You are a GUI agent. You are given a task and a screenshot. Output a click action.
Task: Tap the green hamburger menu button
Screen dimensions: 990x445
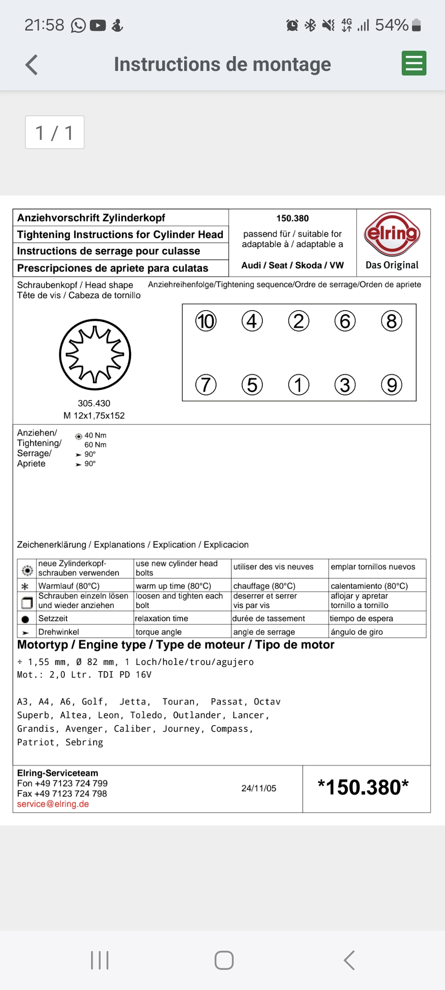point(414,64)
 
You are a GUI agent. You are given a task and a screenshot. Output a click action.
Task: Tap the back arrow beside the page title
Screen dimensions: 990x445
point(32,65)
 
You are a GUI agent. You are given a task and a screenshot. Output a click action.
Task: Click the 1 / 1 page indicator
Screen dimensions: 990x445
point(55,132)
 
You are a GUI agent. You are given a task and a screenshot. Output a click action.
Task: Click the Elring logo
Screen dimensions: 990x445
point(392,234)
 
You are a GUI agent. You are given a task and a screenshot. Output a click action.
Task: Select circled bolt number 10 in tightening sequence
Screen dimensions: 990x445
point(206,321)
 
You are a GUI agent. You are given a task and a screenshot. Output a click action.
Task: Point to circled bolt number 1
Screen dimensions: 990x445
point(298,385)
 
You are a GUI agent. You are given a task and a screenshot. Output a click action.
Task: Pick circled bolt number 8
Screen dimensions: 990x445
point(391,321)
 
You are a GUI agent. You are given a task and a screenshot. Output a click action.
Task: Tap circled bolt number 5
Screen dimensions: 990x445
point(252,385)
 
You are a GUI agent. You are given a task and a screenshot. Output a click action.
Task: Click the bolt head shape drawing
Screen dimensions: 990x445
point(95,354)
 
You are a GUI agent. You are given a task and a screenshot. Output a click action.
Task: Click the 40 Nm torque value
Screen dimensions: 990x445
point(95,436)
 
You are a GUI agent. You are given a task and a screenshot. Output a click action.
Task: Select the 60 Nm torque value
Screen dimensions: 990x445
point(95,445)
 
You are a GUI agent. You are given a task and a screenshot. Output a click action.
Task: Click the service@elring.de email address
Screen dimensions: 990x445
point(53,804)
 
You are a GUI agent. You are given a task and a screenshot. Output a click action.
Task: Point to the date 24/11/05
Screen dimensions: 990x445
point(259,788)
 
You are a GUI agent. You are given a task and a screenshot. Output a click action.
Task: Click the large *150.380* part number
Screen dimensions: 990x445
point(363,787)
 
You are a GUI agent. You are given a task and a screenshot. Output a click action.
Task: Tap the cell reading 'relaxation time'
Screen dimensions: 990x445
point(162,618)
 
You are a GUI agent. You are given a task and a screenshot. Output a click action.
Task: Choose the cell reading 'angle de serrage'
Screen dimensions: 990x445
point(264,632)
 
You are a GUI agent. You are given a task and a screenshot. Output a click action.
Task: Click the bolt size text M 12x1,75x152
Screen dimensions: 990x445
point(94,416)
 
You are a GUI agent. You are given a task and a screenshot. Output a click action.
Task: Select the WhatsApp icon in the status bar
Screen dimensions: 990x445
point(78,26)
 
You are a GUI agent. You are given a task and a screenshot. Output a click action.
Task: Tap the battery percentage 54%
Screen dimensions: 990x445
point(391,25)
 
